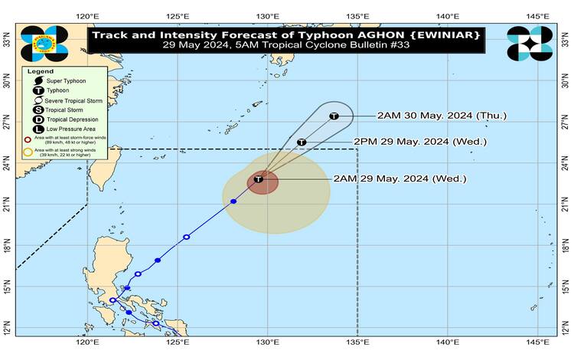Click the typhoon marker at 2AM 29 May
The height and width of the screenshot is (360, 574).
pos(259,179)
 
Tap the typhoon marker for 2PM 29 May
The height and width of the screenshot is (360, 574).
pos(302,142)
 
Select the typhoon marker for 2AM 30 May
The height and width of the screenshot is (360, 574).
pos(334,116)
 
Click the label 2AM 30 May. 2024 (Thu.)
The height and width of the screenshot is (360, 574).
pos(442,116)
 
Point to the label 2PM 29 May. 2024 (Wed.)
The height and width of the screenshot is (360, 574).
pos(419,142)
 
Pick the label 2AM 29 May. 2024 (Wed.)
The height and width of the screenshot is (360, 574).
pos(400,179)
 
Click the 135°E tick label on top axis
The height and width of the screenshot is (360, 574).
pos(357,16)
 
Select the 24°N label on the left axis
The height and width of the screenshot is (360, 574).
pos(7,164)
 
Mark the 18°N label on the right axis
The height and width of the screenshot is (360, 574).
pos(566,247)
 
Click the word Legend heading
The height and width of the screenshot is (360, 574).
pos(41,70)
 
